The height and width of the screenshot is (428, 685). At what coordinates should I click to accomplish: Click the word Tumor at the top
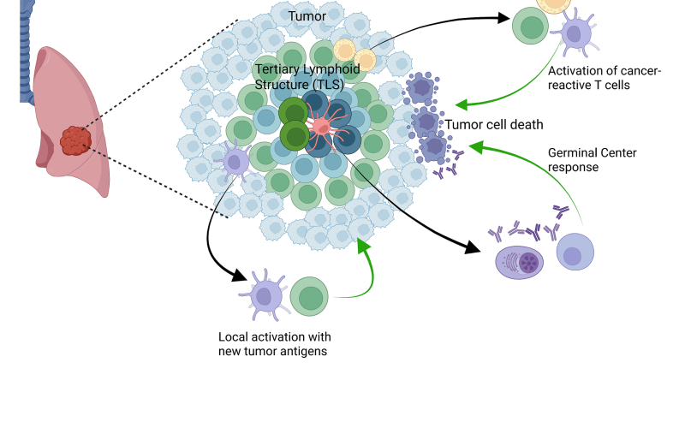307,16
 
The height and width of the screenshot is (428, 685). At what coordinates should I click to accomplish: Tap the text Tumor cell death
494,125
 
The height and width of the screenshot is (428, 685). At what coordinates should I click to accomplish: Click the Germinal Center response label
590,160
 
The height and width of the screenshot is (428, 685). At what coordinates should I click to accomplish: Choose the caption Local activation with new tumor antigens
275,344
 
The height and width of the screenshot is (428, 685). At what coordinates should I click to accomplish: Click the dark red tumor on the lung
75,140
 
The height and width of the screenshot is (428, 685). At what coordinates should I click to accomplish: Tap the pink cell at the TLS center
321,128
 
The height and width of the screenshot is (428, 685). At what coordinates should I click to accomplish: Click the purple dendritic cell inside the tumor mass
235,159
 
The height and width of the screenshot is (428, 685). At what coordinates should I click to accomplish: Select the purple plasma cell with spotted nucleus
520,261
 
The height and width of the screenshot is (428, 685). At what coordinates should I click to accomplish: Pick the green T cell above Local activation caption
309,296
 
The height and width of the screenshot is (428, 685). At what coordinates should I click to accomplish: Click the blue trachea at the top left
26,43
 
